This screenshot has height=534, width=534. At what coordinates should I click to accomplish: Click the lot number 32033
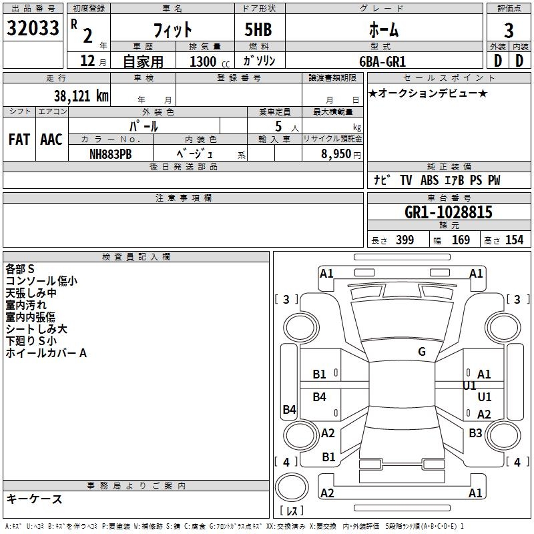tap(32, 28)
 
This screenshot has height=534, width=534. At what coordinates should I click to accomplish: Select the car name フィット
tap(172, 29)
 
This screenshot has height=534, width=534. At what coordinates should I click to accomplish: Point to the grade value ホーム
tap(384, 29)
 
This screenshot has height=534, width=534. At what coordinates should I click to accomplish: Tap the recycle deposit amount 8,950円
tap(340, 154)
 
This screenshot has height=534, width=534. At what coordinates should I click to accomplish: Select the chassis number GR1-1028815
tap(448, 212)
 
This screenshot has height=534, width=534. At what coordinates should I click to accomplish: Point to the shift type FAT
tap(19, 140)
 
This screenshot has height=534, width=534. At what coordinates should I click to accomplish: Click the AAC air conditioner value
tap(51, 140)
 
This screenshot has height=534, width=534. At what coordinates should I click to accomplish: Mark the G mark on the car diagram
tap(422, 352)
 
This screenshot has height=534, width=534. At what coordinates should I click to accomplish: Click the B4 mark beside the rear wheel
tap(289, 410)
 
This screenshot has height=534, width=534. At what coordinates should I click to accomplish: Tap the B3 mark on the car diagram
tap(475, 433)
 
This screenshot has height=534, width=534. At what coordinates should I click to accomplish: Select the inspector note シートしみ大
tap(37, 329)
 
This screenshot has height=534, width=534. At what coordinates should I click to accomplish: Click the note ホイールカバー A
tap(46, 353)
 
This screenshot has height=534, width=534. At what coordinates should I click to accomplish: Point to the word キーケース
tap(34, 499)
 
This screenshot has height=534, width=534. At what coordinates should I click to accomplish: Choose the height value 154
tap(514, 240)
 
